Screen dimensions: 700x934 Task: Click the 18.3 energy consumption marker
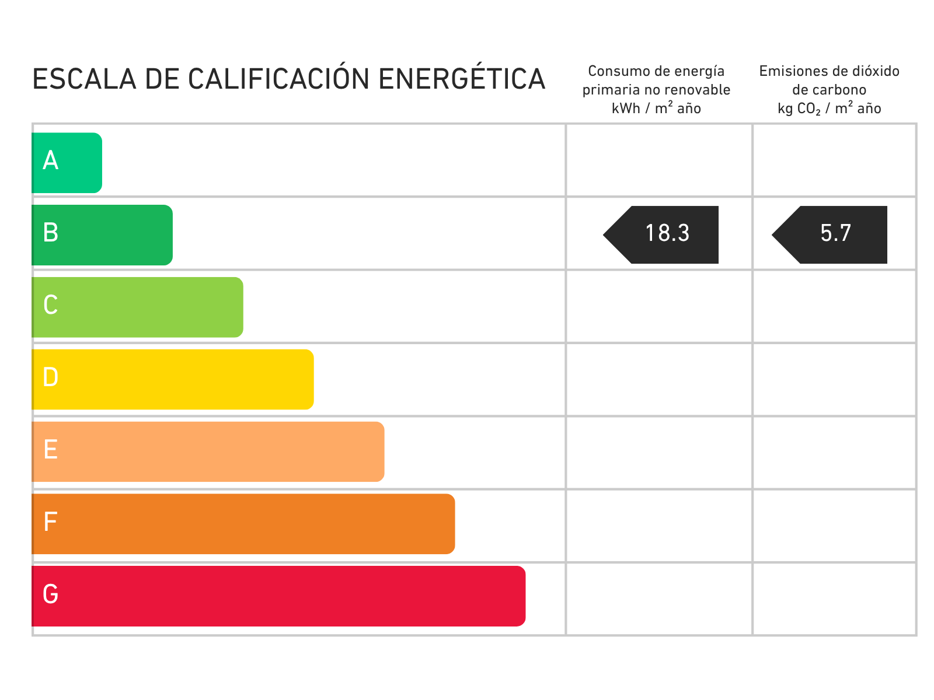click(x=665, y=235)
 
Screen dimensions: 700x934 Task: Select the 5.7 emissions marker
click(x=834, y=235)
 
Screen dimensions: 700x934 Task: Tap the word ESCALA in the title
click(x=84, y=79)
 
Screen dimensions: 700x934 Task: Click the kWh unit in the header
click(x=626, y=108)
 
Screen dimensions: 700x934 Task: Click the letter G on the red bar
click(x=51, y=594)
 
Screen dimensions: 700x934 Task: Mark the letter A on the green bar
click(x=51, y=160)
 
